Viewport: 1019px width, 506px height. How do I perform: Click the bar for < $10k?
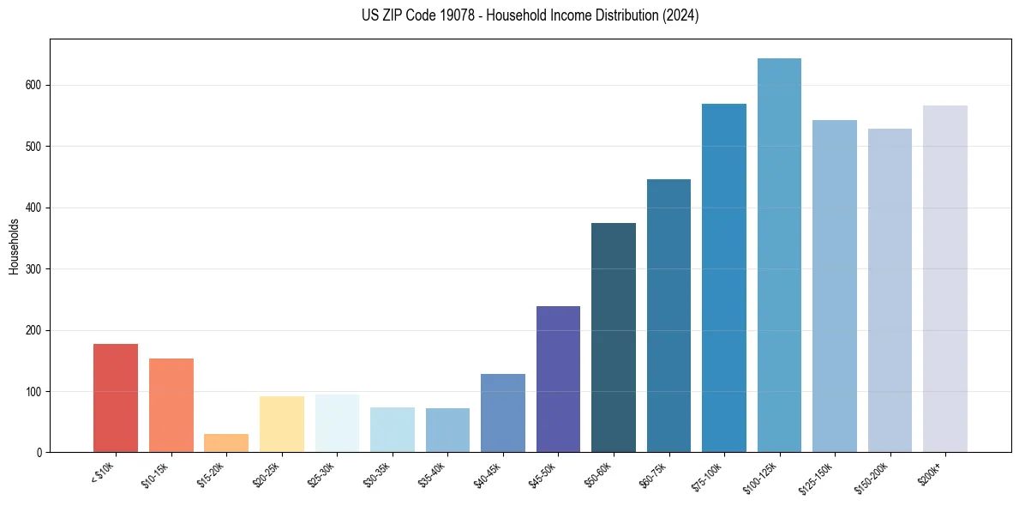(x=116, y=398)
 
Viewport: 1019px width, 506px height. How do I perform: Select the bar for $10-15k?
(x=171, y=405)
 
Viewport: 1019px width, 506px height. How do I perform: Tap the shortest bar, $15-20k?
(x=226, y=443)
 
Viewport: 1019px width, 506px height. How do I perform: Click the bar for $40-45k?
(x=503, y=413)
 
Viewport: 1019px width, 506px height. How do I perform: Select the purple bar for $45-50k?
(x=558, y=379)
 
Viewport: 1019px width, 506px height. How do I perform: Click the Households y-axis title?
(x=14, y=246)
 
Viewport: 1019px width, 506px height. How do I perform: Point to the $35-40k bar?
(x=447, y=430)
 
